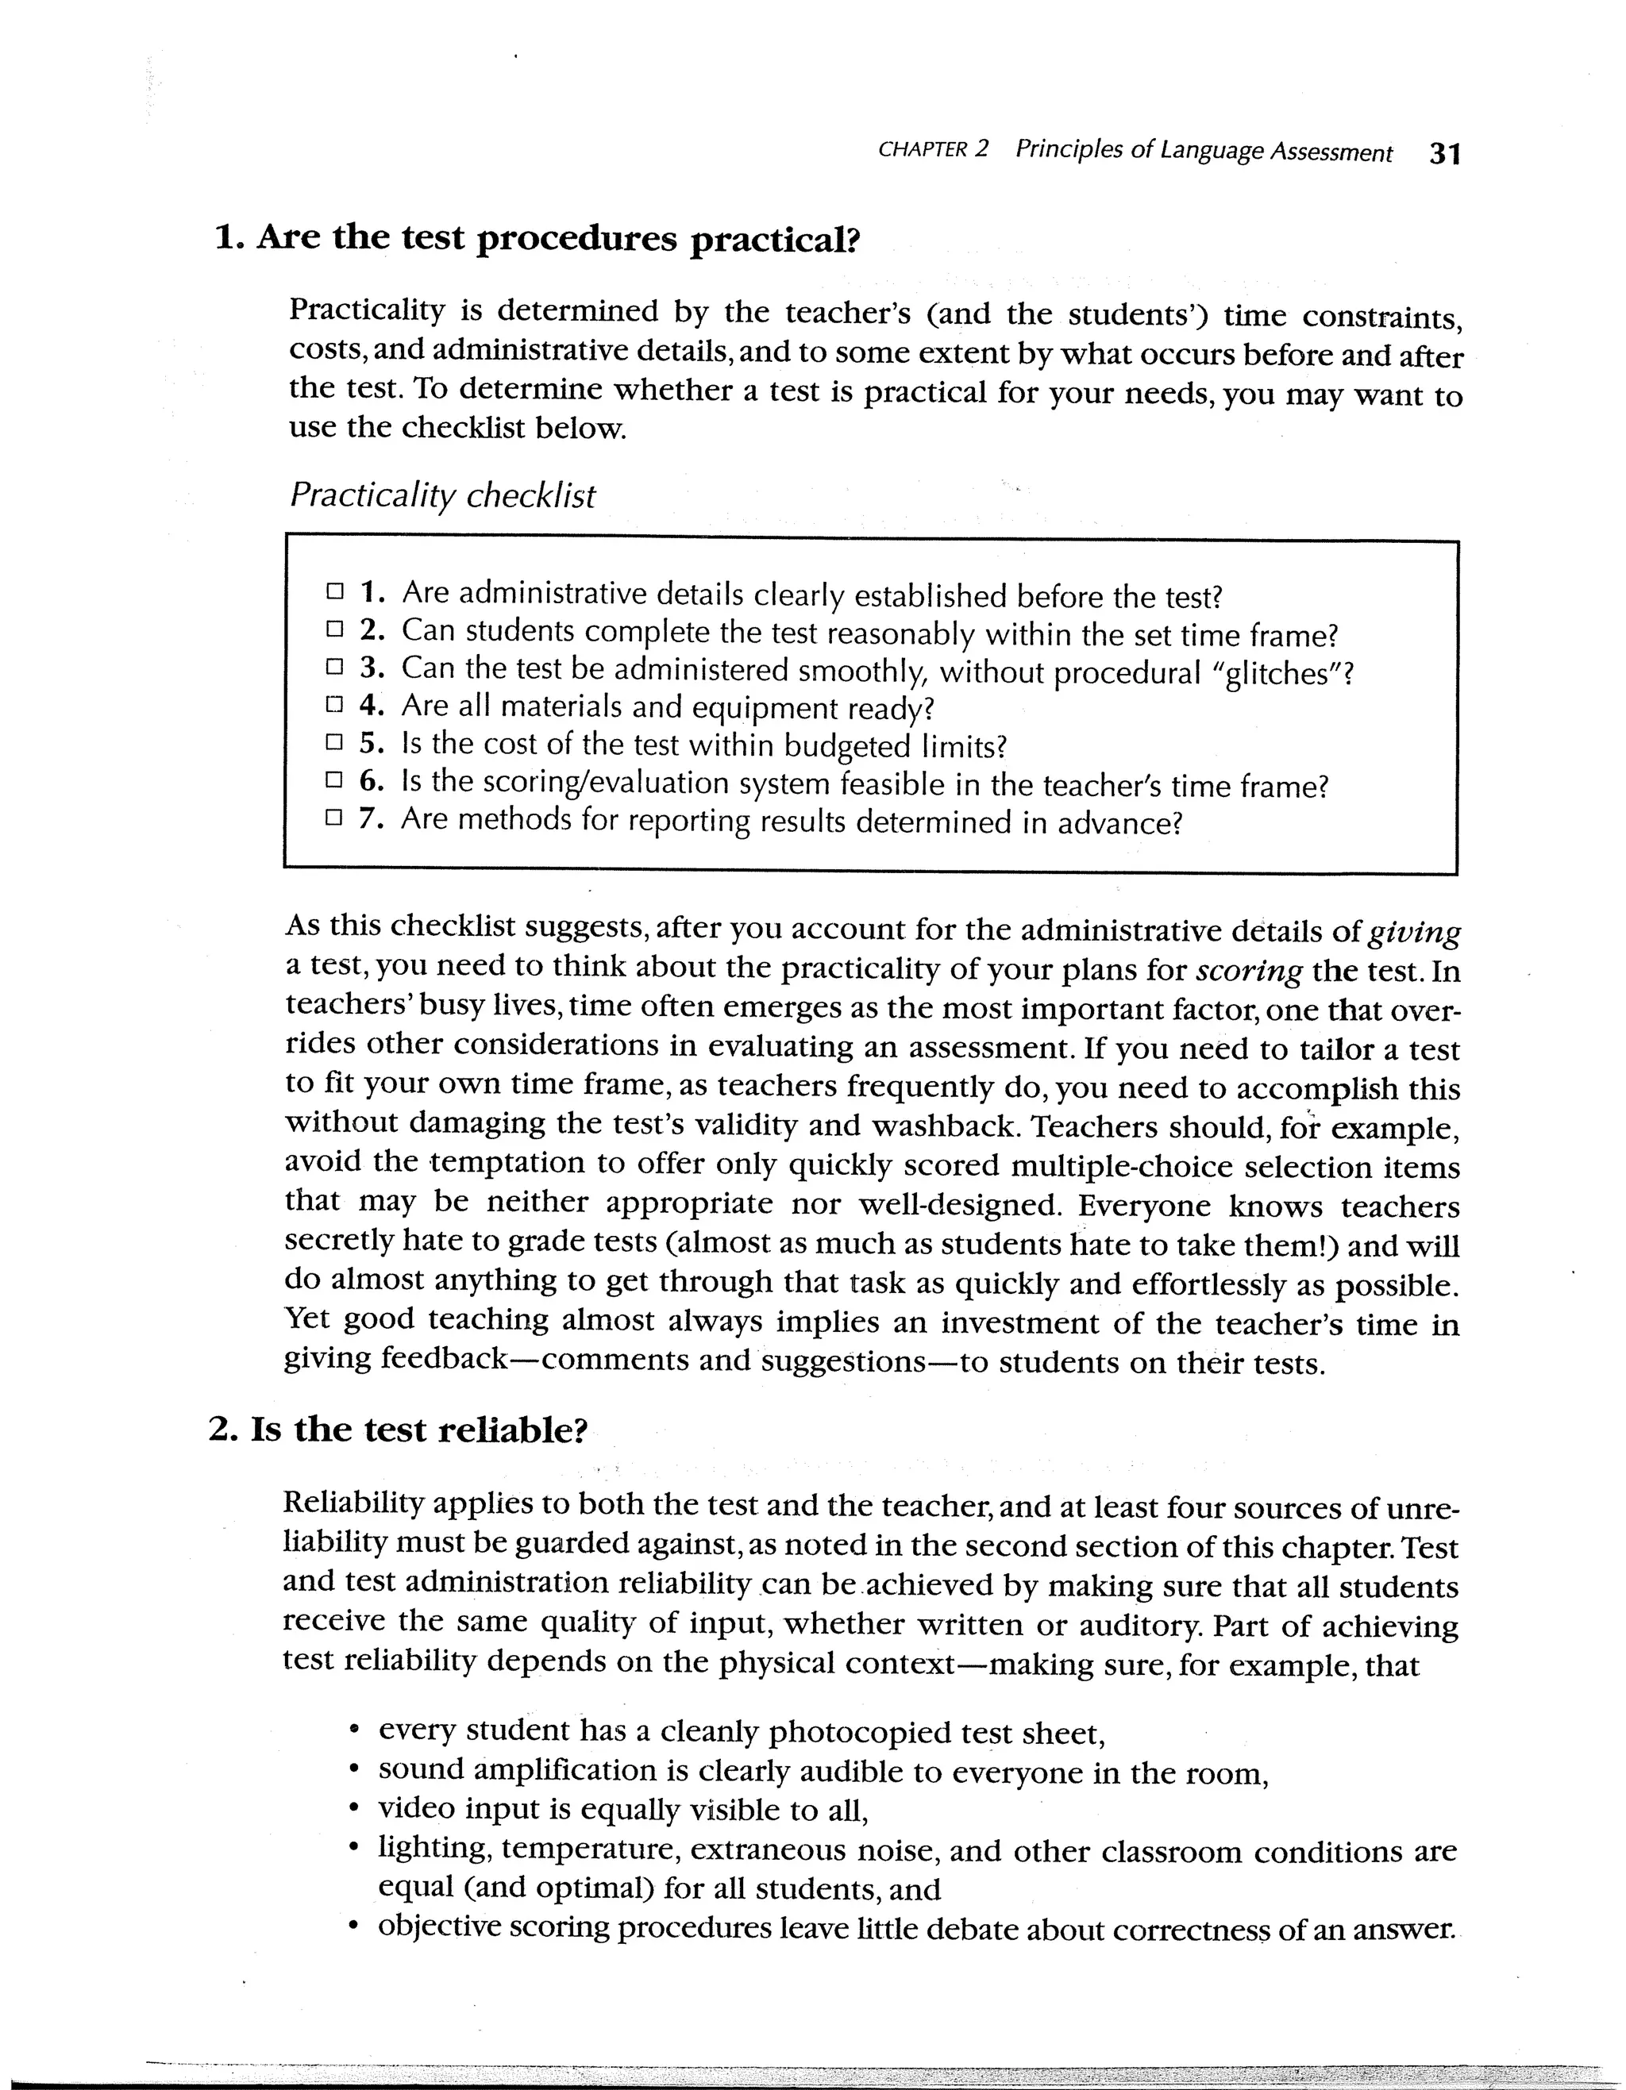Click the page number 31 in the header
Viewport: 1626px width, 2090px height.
[1444, 154]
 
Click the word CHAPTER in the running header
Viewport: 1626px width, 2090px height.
[922, 150]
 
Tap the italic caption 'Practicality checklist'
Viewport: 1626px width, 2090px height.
[442, 495]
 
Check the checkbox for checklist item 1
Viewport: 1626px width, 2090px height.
[334, 591]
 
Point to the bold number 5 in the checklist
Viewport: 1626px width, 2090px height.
[369, 744]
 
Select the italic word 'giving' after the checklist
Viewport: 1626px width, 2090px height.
[1415, 931]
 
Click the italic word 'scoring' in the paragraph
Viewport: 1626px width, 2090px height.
[1249, 972]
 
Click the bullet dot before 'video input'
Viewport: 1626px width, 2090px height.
[355, 1811]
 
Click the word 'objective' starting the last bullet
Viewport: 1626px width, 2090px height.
[439, 1926]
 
